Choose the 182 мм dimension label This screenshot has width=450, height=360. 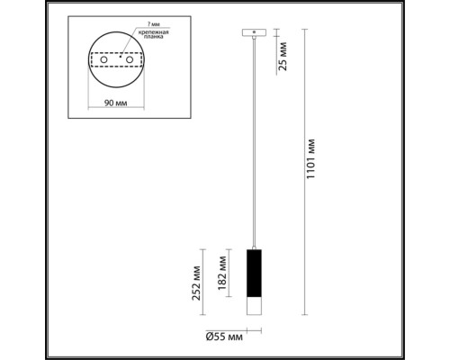(x=222, y=272)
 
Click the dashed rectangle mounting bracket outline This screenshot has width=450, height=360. (x=116, y=60)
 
